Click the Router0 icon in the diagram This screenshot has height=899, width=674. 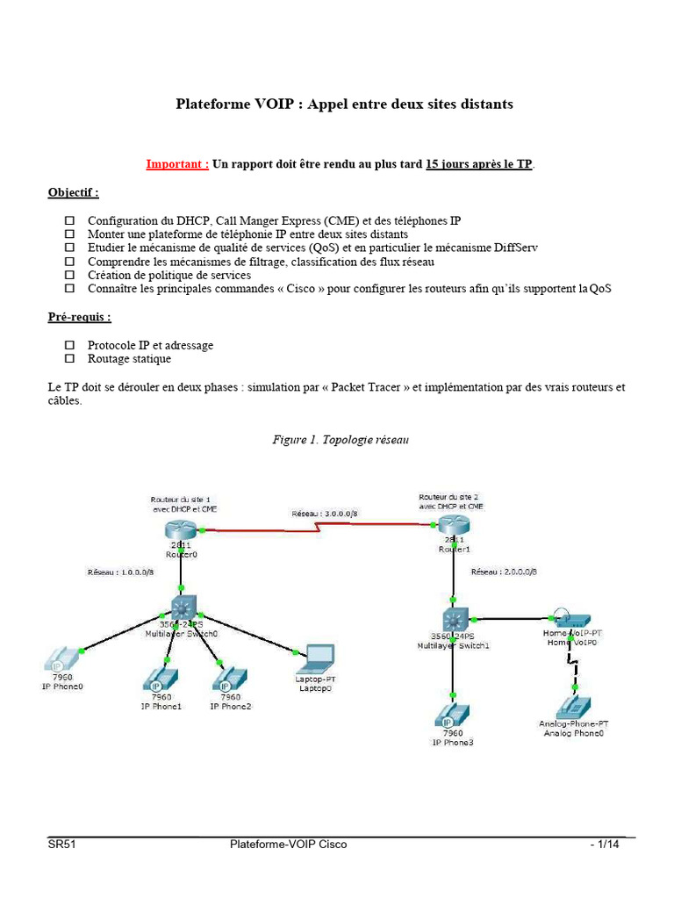click(x=180, y=530)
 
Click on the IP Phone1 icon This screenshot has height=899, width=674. click(x=161, y=680)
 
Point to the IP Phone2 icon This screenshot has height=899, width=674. click(x=230, y=680)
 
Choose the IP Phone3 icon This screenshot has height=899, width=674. click(x=453, y=715)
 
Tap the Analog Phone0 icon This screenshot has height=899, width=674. click(x=573, y=708)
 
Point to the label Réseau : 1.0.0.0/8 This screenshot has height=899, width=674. click(x=121, y=572)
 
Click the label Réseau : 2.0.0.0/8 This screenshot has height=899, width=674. click(x=504, y=572)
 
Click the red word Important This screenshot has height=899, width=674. click(x=177, y=163)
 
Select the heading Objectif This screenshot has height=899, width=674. click(x=73, y=192)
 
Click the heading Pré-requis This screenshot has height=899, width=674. click(x=79, y=317)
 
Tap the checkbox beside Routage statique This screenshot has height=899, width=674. click(x=71, y=359)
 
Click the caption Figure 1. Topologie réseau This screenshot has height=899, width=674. click(x=340, y=440)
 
